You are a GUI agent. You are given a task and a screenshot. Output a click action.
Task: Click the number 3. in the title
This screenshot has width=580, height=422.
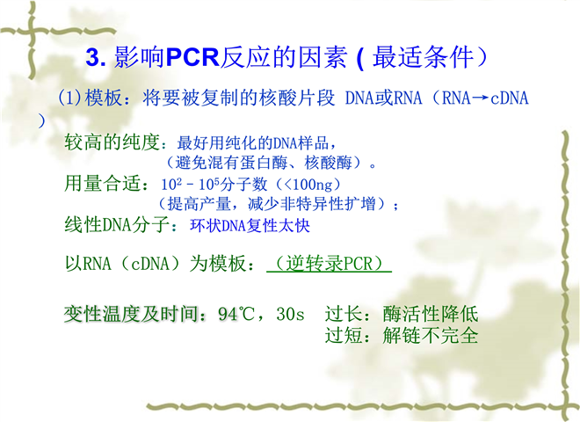(96, 58)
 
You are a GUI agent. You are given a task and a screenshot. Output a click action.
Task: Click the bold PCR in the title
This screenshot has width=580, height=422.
(193, 58)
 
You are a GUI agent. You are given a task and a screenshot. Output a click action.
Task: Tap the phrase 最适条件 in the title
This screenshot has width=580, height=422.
(423, 58)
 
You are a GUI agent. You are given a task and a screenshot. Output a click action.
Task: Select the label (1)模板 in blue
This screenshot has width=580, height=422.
(90, 98)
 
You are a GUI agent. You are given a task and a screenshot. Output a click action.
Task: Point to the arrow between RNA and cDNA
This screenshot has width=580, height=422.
(481, 98)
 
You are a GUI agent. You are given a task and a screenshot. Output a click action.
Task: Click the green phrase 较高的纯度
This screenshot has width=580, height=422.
(112, 142)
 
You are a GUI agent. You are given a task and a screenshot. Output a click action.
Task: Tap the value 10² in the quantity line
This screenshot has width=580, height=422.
(171, 184)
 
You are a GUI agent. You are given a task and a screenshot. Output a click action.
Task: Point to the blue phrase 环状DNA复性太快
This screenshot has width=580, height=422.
(250, 225)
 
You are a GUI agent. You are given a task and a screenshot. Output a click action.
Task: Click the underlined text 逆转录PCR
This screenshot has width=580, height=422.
(330, 264)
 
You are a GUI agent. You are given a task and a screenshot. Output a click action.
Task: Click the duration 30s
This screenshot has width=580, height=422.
(290, 314)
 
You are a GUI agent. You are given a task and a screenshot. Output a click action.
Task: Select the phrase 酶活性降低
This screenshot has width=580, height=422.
(431, 314)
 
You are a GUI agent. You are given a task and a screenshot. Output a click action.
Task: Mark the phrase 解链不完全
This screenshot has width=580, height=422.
(431, 335)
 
